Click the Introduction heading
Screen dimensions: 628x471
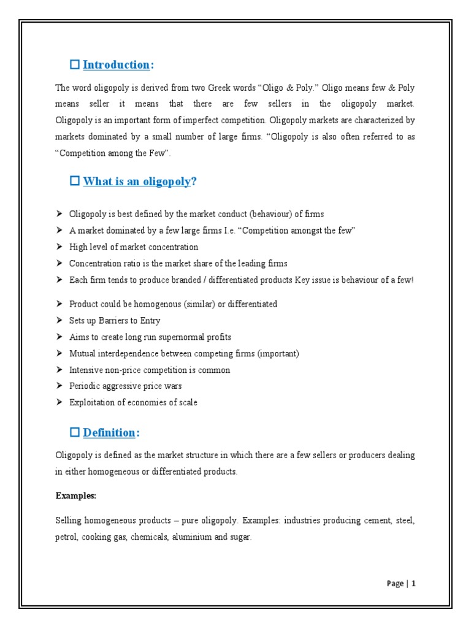(x=116, y=64)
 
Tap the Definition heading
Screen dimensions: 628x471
(x=109, y=432)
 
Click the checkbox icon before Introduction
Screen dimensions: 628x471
(x=75, y=64)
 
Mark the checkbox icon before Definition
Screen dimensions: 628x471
(x=75, y=432)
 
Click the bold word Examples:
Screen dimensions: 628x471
(x=76, y=495)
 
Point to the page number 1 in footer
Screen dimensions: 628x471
(x=414, y=584)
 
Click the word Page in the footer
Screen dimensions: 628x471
(x=395, y=584)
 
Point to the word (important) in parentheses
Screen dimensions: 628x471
(x=278, y=353)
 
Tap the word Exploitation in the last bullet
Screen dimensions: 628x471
(x=90, y=402)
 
